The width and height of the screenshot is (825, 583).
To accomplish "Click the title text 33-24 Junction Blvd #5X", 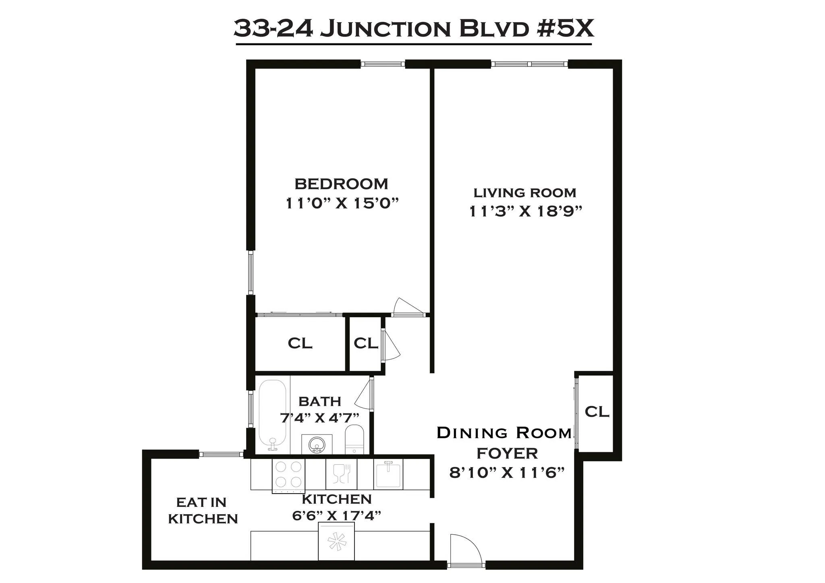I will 413,29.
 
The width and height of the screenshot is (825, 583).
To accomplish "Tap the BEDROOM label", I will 341,184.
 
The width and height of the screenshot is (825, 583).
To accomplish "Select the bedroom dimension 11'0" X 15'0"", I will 342,203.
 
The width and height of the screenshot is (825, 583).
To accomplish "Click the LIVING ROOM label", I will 524,193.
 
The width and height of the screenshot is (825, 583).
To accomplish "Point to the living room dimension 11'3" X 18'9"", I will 526,211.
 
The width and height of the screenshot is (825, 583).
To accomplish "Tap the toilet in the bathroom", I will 354,439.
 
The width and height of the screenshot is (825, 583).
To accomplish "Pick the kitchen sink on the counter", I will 388,473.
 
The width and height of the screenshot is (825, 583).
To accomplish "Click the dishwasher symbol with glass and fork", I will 341,473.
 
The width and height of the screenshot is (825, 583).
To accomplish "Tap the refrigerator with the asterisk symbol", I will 336,541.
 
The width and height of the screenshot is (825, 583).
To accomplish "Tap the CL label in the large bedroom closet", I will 300,343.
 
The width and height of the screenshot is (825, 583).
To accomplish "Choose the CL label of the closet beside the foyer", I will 597,412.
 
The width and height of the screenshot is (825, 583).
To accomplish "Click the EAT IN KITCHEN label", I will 203,510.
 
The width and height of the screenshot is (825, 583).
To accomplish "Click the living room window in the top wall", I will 529,64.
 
